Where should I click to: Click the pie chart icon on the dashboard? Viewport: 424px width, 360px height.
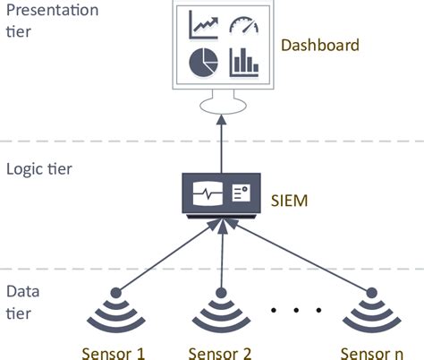(203, 61)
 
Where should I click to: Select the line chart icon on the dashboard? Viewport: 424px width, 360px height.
(204, 24)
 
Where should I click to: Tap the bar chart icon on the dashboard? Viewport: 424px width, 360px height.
(242, 61)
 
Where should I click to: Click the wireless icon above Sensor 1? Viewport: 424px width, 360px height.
(114, 310)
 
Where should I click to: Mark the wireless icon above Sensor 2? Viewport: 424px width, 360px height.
(218, 310)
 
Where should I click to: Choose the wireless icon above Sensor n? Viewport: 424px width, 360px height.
(369, 310)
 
